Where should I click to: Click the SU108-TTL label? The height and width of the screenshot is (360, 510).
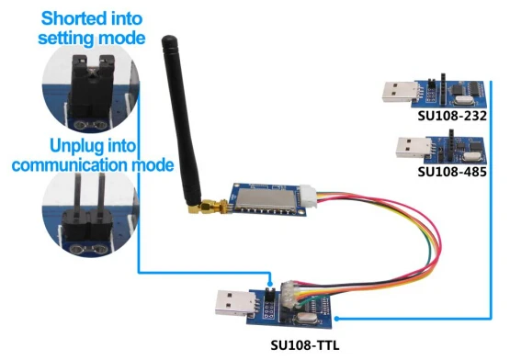click(x=305, y=345)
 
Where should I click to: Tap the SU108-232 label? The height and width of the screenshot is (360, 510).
click(x=452, y=116)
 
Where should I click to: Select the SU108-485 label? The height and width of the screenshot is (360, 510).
click(x=452, y=172)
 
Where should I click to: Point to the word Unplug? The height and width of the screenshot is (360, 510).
click(x=77, y=147)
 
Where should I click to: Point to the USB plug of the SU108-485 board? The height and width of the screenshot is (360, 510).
click(x=412, y=148)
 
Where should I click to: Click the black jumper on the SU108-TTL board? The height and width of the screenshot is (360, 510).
click(x=270, y=293)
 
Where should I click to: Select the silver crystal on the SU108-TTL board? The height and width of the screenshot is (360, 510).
click(x=305, y=319)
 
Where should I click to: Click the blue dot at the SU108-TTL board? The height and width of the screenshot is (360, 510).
click(x=336, y=319)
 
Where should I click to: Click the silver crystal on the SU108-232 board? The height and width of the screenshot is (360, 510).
click(x=462, y=100)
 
